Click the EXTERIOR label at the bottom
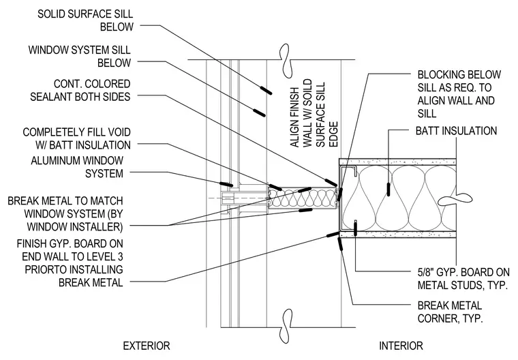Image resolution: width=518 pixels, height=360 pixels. (x=147, y=346)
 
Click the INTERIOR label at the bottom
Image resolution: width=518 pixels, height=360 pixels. (x=401, y=346)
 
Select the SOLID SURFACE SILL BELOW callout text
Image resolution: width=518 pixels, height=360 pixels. (x=85, y=20)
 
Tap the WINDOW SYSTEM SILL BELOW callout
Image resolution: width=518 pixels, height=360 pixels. (x=80, y=56)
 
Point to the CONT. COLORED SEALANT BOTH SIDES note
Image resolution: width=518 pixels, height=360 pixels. (x=80, y=90)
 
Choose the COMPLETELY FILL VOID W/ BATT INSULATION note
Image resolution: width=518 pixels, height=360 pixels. (x=76, y=138)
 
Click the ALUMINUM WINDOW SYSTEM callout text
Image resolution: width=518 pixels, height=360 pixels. (x=77, y=167)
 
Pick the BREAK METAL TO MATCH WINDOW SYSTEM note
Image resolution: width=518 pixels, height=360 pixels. (x=65, y=214)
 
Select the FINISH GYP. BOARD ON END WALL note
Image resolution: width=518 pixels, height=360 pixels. (x=70, y=263)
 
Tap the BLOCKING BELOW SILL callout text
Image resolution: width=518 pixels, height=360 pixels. (x=459, y=94)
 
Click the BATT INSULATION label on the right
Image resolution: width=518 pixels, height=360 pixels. (x=456, y=131)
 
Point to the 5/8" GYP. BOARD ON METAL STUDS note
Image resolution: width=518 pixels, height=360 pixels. (x=463, y=279)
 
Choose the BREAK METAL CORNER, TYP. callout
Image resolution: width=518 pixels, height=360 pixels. (x=450, y=312)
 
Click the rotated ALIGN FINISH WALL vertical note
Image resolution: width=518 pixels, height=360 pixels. (x=314, y=113)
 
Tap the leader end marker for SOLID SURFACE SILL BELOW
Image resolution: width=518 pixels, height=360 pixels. (x=266, y=91)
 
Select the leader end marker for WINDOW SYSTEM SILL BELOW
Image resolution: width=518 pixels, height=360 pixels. (x=259, y=112)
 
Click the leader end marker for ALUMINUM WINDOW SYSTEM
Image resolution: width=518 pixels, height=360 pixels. (x=226, y=184)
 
